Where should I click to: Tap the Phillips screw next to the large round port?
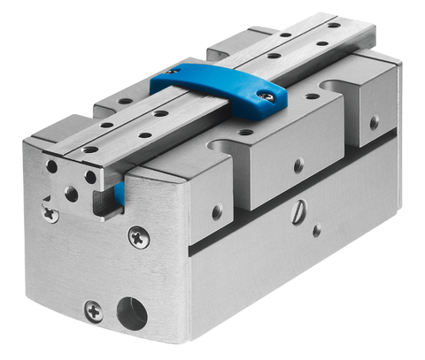95,310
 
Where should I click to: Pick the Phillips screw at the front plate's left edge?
52,211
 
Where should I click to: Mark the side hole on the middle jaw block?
298,165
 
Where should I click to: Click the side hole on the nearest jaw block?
217,212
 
